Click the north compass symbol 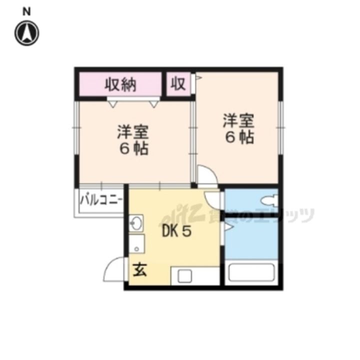tap(27, 33)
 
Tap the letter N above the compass tap(26, 11)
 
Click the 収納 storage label tap(120, 84)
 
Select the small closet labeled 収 tap(178, 84)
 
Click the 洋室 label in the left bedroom tap(133, 132)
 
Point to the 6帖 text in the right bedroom tap(239, 137)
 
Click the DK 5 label tap(176, 231)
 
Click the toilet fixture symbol tap(269, 200)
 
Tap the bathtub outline tap(251, 272)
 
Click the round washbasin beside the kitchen tap(135, 223)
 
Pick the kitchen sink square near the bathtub tap(184, 276)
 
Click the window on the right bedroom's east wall tap(280, 127)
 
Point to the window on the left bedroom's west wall tap(76, 127)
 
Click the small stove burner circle tap(137, 249)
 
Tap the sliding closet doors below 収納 tap(133, 99)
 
